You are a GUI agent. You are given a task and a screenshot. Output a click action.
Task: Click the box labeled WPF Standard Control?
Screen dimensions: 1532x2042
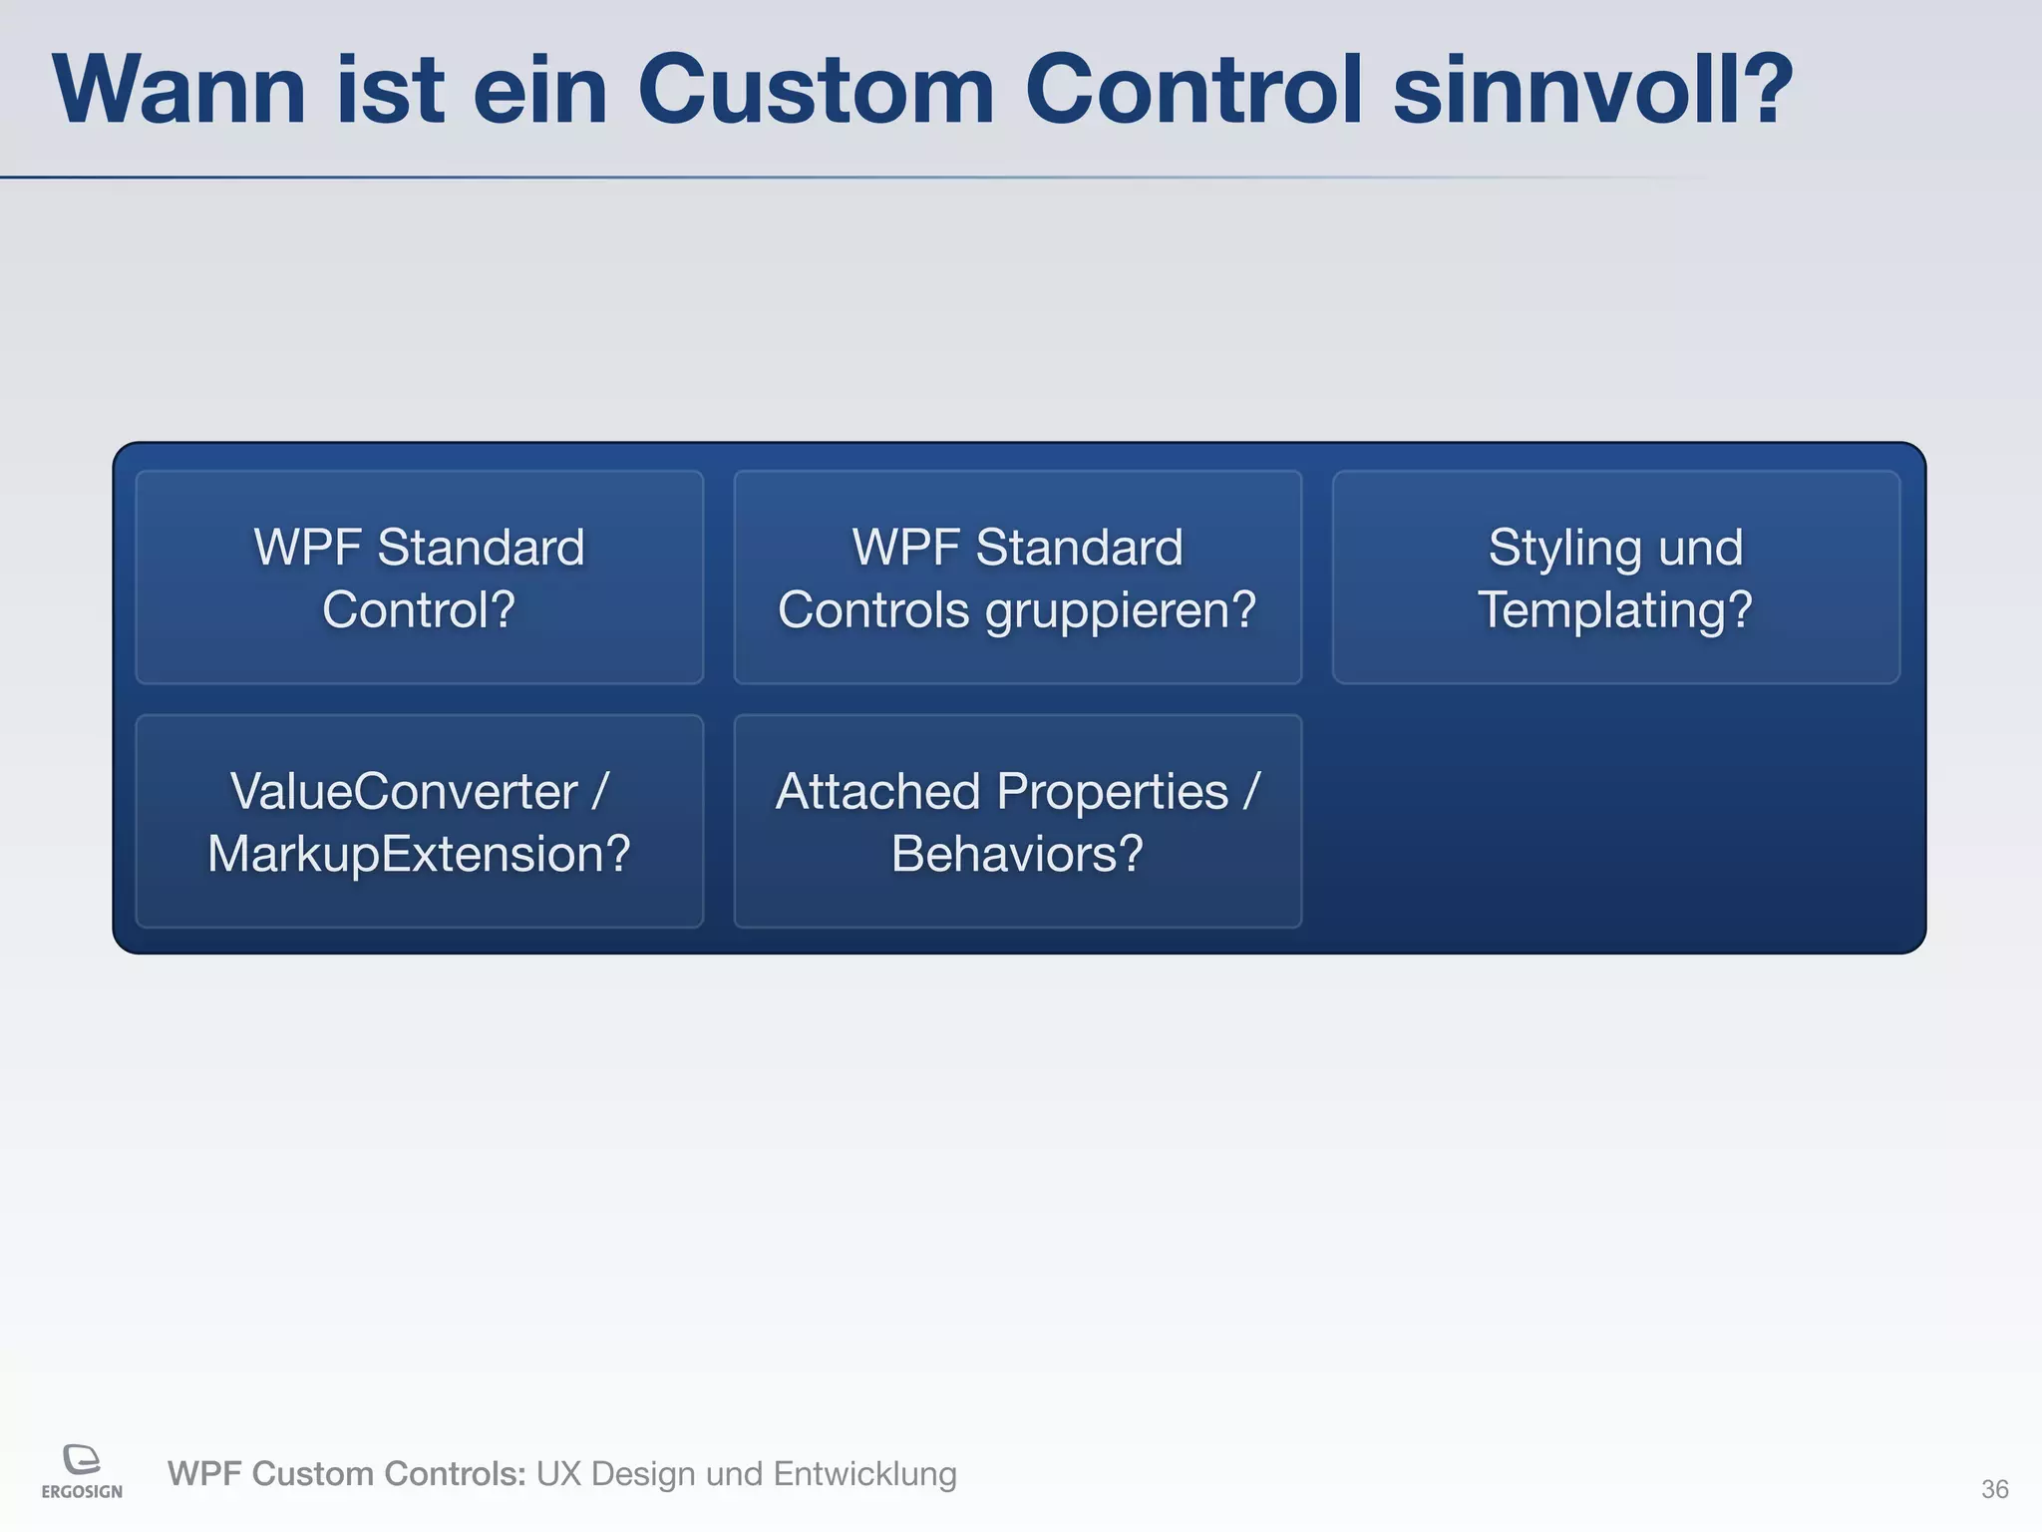tap(419, 577)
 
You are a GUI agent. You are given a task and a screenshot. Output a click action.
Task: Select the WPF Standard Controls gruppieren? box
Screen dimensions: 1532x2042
tap(1017, 577)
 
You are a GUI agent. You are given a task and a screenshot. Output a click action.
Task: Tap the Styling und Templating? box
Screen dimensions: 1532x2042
tap(1615, 577)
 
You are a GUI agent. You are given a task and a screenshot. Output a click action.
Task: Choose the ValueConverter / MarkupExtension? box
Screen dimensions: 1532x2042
tap(419, 821)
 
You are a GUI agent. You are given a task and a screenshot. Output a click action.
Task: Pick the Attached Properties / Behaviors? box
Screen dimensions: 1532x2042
tap(1017, 821)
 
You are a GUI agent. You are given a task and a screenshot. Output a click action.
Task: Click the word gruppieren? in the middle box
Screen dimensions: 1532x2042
tap(1121, 610)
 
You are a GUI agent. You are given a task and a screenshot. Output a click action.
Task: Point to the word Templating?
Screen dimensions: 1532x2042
tap(1615, 610)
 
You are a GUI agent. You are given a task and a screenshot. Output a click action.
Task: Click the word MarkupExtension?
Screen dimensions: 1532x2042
tap(419, 855)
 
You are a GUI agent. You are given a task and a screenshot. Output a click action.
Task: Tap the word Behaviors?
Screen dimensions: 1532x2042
tap(1017, 855)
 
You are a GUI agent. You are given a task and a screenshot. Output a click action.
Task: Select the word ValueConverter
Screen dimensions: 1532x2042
tap(404, 792)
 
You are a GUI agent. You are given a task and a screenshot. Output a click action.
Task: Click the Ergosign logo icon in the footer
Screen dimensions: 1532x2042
tap(82, 1459)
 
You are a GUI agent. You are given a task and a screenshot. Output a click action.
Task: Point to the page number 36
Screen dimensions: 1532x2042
tap(1994, 1489)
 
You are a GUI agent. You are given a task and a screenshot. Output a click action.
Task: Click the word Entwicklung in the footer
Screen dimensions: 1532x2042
tap(864, 1474)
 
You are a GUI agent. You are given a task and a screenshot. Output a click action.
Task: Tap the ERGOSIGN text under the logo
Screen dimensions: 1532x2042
tap(82, 1492)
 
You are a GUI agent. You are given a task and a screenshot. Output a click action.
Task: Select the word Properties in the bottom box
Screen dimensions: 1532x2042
tap(1112, 792)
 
